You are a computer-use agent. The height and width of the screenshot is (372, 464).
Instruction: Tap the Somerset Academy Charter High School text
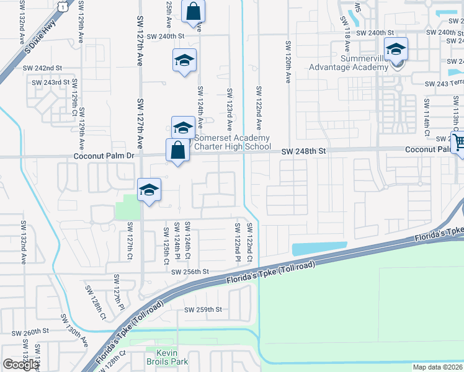click(x=233, y=142)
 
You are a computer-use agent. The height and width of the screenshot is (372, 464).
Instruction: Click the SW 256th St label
click(x=190, y=272)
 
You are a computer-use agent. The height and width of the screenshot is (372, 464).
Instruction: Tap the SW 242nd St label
click(x=42, y=68)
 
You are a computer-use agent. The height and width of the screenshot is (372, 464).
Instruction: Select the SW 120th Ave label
click(x=288, y=62)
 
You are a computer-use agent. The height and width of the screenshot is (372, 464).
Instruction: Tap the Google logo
click(x=20, y=365)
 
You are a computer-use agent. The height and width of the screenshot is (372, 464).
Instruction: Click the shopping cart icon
click(x=458, y=143)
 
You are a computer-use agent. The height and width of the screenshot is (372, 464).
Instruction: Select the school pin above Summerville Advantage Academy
click(x=395, y=50)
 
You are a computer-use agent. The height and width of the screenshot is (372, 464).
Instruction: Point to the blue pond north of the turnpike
click(x=319, y=248)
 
